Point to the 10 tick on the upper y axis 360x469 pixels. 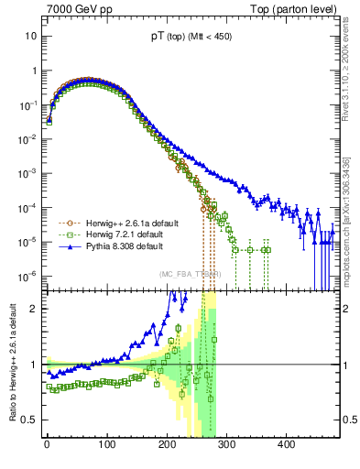coord(30,36)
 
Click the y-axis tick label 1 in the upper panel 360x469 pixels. coord(33,71)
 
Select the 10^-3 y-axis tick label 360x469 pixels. coord(28,173)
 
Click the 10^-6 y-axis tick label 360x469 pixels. coord(28,276)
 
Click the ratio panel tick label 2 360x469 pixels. coord(34,309)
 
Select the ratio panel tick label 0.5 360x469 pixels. coord(30,420)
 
